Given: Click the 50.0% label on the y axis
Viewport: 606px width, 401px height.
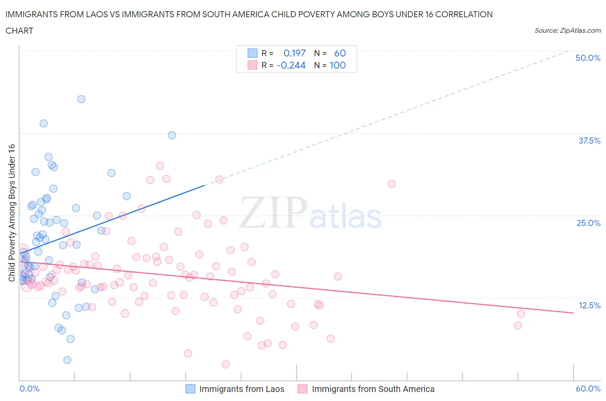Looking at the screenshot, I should [x=587, y=58].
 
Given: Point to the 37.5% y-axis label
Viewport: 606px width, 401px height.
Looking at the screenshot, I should [x=589, y=141].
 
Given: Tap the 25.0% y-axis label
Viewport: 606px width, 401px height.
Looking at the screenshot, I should [x=588, y=223].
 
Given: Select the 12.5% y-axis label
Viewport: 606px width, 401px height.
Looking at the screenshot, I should [x=589, y=305].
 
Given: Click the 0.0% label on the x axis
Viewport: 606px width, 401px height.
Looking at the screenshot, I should [x=29, y=388].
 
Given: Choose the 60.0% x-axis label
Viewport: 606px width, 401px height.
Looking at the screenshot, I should [x=587, y=388].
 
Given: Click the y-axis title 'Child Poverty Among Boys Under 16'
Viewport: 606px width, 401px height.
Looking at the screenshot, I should [x=12, y=213].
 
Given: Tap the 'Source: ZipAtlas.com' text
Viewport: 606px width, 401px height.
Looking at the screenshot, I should [x=567, y=30].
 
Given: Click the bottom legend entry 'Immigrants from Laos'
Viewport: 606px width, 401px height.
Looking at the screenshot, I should [x=241, y=389].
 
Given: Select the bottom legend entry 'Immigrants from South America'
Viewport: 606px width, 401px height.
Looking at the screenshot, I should [x=373, y=389].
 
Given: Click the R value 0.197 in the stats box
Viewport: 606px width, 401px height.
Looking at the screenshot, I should [x=294, y=53].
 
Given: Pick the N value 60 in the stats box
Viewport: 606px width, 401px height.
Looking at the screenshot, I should [x=340, y=53].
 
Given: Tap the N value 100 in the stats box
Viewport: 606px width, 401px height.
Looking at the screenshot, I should [x=337, y=65].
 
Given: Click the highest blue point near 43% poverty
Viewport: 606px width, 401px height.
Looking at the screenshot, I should [x=81, y=99].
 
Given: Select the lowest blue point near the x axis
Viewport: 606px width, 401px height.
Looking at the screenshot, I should [x=67, y=360].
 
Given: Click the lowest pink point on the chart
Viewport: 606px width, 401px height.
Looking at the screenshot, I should [x=225, y=364].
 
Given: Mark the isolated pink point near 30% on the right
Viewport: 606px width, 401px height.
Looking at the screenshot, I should [x=391, y=184].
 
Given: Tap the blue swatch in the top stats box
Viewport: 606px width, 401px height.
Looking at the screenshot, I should [x=252, y=53].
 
